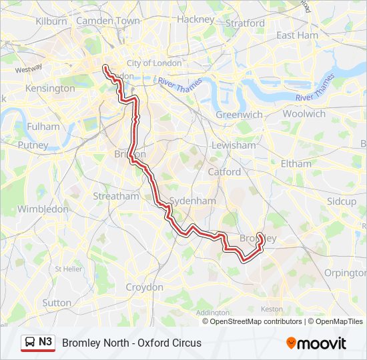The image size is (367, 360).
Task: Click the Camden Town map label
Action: click(108, 21)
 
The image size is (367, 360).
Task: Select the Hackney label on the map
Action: click(196, 19)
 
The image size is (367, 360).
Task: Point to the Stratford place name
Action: click(246, 23)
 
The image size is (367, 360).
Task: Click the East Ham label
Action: click(297, 35)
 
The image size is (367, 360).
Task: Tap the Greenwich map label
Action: click(239, 115)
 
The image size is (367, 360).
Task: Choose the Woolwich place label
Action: click(304, 113)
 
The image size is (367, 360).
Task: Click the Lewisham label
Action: click(234, 145)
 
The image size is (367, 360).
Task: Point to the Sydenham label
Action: click(193, 201)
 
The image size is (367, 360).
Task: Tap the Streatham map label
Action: click(116, 196)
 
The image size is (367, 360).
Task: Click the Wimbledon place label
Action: click(43, 209)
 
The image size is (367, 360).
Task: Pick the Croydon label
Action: click(145, 287)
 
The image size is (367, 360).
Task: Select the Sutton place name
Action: click(57, 303)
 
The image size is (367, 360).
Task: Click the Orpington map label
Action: click(344, 273)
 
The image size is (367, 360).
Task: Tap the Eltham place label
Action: click(296, 163)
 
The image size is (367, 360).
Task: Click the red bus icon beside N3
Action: click(30, 343)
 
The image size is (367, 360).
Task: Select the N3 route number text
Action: click(45, 342)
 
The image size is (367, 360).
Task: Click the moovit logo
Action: click(316, 343)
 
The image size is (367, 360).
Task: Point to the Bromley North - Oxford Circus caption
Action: click(131, 343)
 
